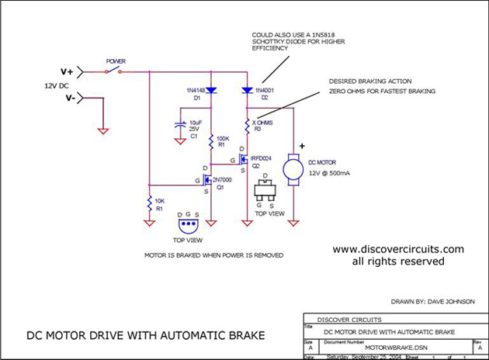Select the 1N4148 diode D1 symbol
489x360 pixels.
210,90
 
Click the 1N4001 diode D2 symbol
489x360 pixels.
248,90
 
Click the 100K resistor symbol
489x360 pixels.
210,142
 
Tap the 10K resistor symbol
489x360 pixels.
148,205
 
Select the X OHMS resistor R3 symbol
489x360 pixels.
248,123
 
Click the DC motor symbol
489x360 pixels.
293,168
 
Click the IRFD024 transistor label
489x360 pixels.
260,157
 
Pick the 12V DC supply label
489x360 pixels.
59,85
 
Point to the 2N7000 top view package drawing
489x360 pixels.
189,224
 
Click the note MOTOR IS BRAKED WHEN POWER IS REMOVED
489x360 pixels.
213,254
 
